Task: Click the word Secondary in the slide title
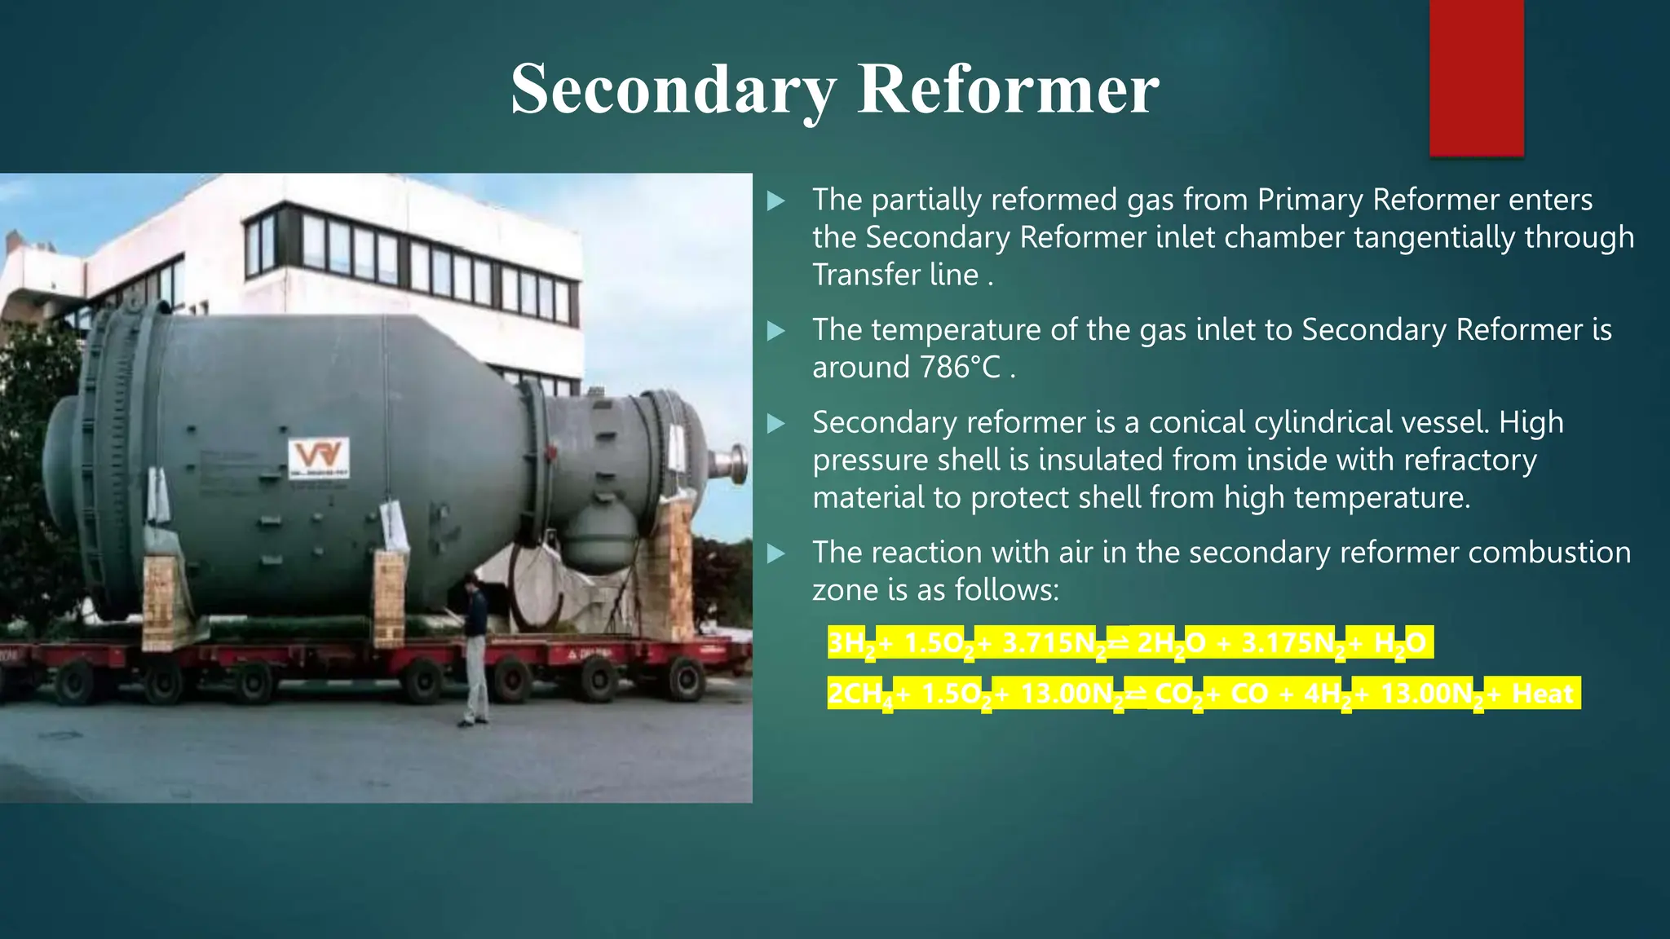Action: point(674,90)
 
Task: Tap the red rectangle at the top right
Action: point(1476,77)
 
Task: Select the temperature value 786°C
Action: point(959,368)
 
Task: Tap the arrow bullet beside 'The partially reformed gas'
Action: point(776,201)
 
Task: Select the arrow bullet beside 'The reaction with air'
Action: point(776,553)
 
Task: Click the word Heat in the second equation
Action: point(1542,694)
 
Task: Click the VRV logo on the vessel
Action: point(319,456)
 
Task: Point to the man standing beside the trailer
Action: point(475,648)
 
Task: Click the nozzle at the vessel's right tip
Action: point(731,463)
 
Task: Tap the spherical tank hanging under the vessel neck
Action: point(600,536)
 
